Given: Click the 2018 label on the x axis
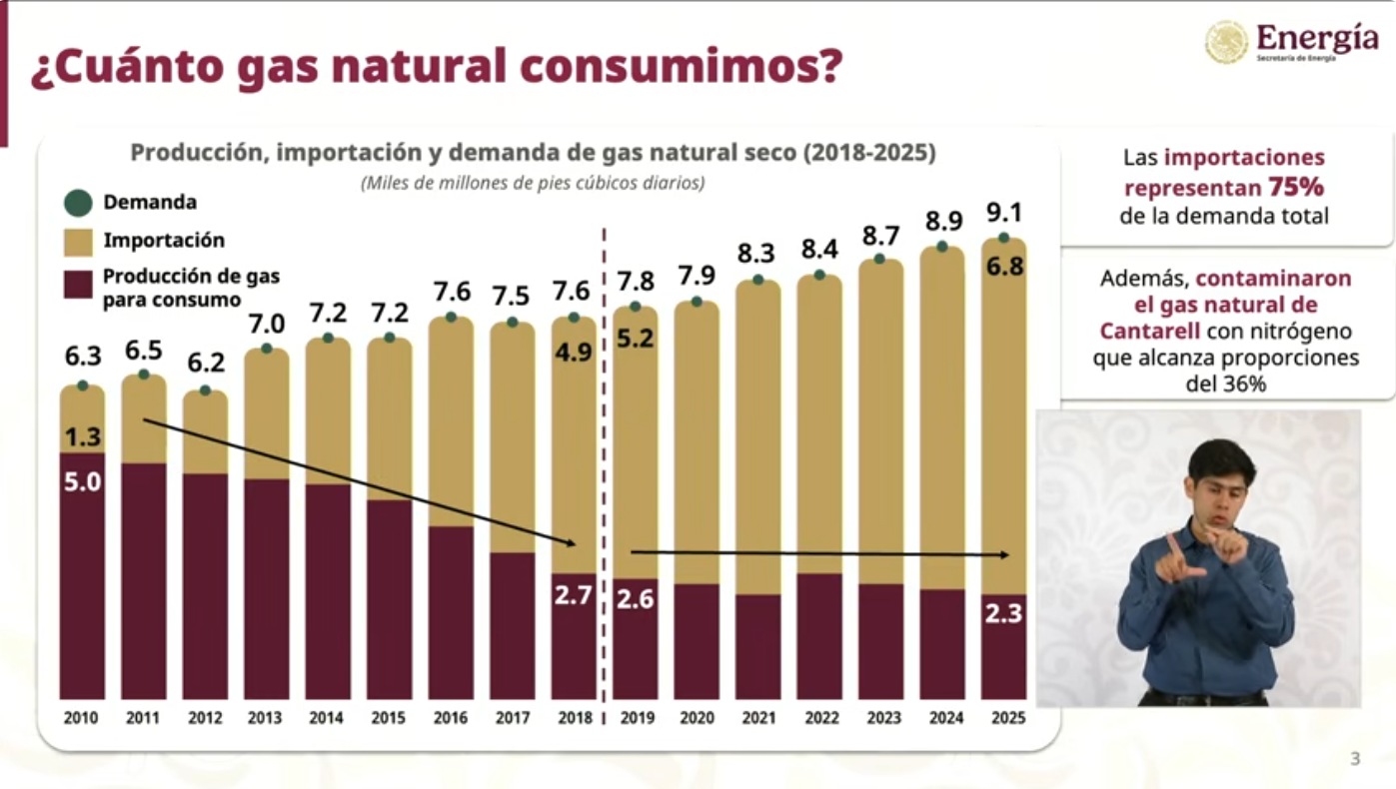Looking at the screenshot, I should [x=575, y=718].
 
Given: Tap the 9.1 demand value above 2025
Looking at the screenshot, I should [x=1003, y=213].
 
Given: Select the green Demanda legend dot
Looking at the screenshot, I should [x=78, y=203].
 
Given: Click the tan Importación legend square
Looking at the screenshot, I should [x=78, y=241].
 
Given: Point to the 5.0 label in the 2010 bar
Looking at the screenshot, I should [x=82, y=483].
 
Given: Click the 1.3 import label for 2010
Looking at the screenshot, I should [x=82, y=436].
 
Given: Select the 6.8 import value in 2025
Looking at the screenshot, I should [x=1003, y=267].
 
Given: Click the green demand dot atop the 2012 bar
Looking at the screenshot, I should [x=205, y=391].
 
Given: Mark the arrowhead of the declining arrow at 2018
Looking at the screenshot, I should [x=573, y=543].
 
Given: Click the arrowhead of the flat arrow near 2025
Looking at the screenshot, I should [x=1006, y=554].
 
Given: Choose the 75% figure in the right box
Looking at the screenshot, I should [x=1296, y=187].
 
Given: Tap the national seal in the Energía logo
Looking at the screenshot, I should [x=1227, y=42].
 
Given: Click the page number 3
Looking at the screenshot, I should [x=1355, y=759].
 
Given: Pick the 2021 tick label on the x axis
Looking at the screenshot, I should [x=758, y=718].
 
